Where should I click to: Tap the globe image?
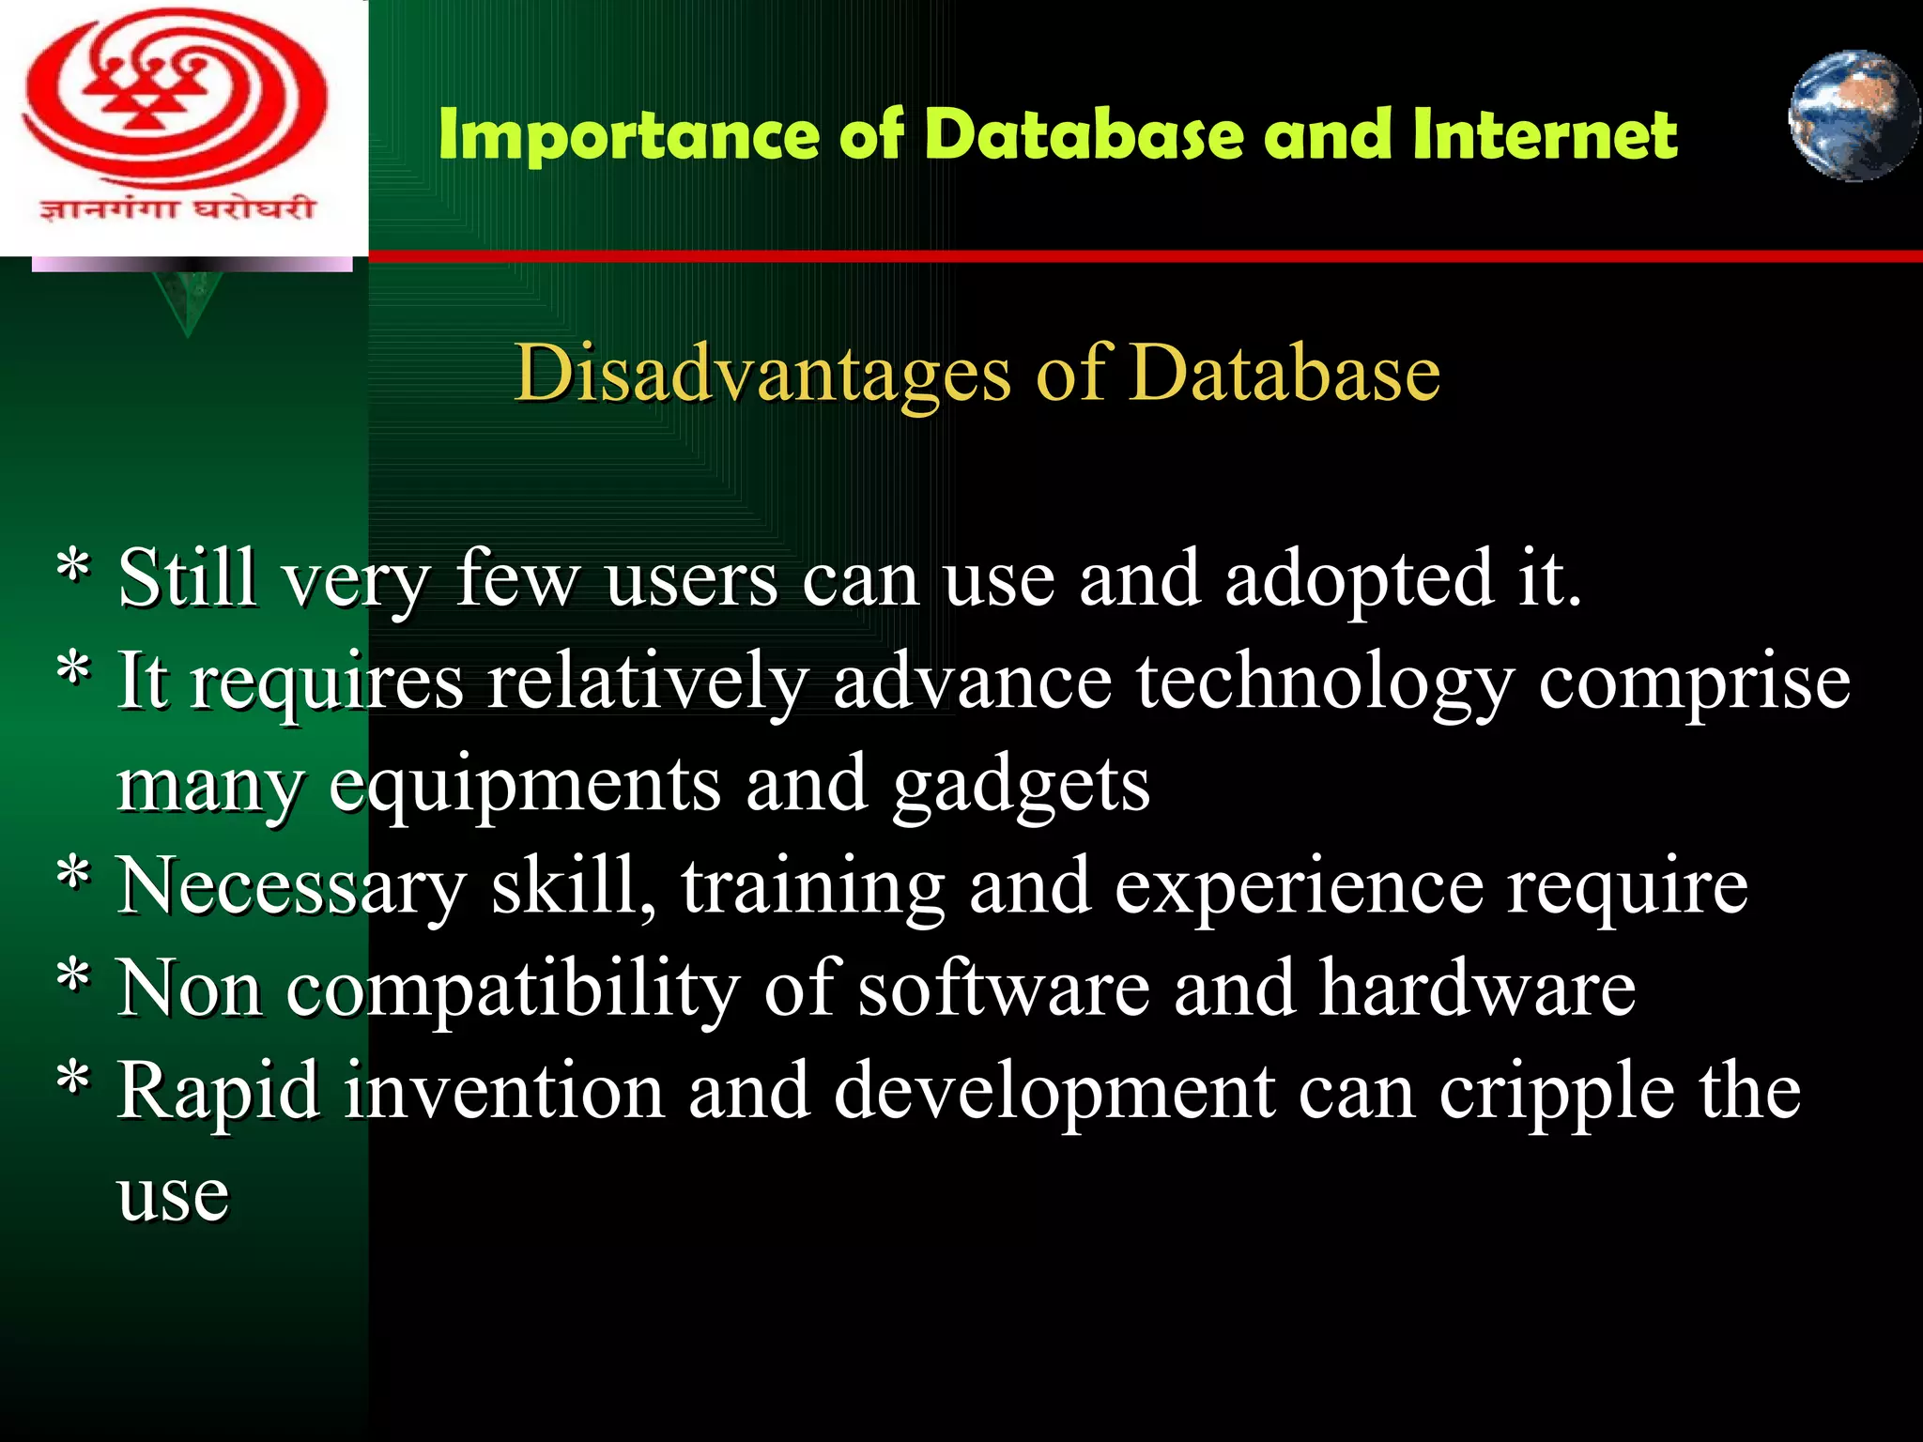[1853, 115]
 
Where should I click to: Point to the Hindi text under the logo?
[177, 207]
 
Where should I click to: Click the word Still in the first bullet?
[186, 578]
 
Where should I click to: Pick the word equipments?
[525, 785]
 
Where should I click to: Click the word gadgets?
[1021, 785]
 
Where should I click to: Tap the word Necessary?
[291, 886]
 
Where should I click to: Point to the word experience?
[1299, 886]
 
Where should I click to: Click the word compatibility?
[513, 989]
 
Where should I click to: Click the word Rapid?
[218, 1092]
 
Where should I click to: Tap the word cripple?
[1556, 1092]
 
